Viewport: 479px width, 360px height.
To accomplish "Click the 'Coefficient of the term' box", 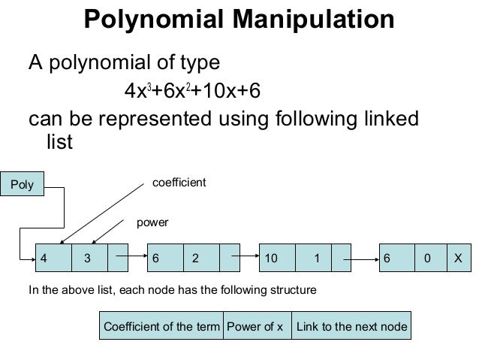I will coord(161,327).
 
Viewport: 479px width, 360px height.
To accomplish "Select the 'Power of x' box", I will coord(258,327).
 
